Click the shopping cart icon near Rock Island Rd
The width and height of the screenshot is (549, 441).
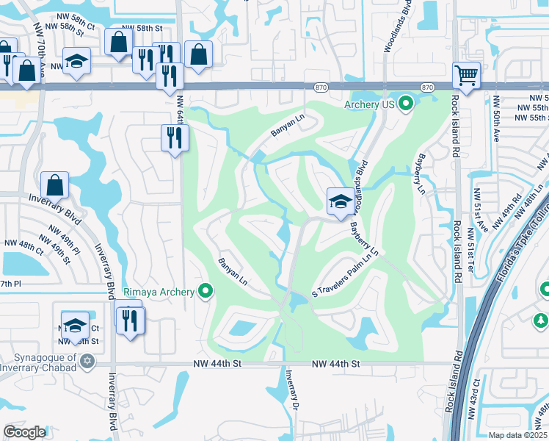(x=466, y=75)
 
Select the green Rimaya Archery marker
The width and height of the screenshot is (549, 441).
(x=206, y=293)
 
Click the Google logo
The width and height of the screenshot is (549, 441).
(x=25, y=431)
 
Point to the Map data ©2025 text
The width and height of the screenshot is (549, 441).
(x=517, y=435)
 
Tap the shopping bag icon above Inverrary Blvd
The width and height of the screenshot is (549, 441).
(x=54, y=185)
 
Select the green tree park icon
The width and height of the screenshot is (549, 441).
(x=541, y=320)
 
